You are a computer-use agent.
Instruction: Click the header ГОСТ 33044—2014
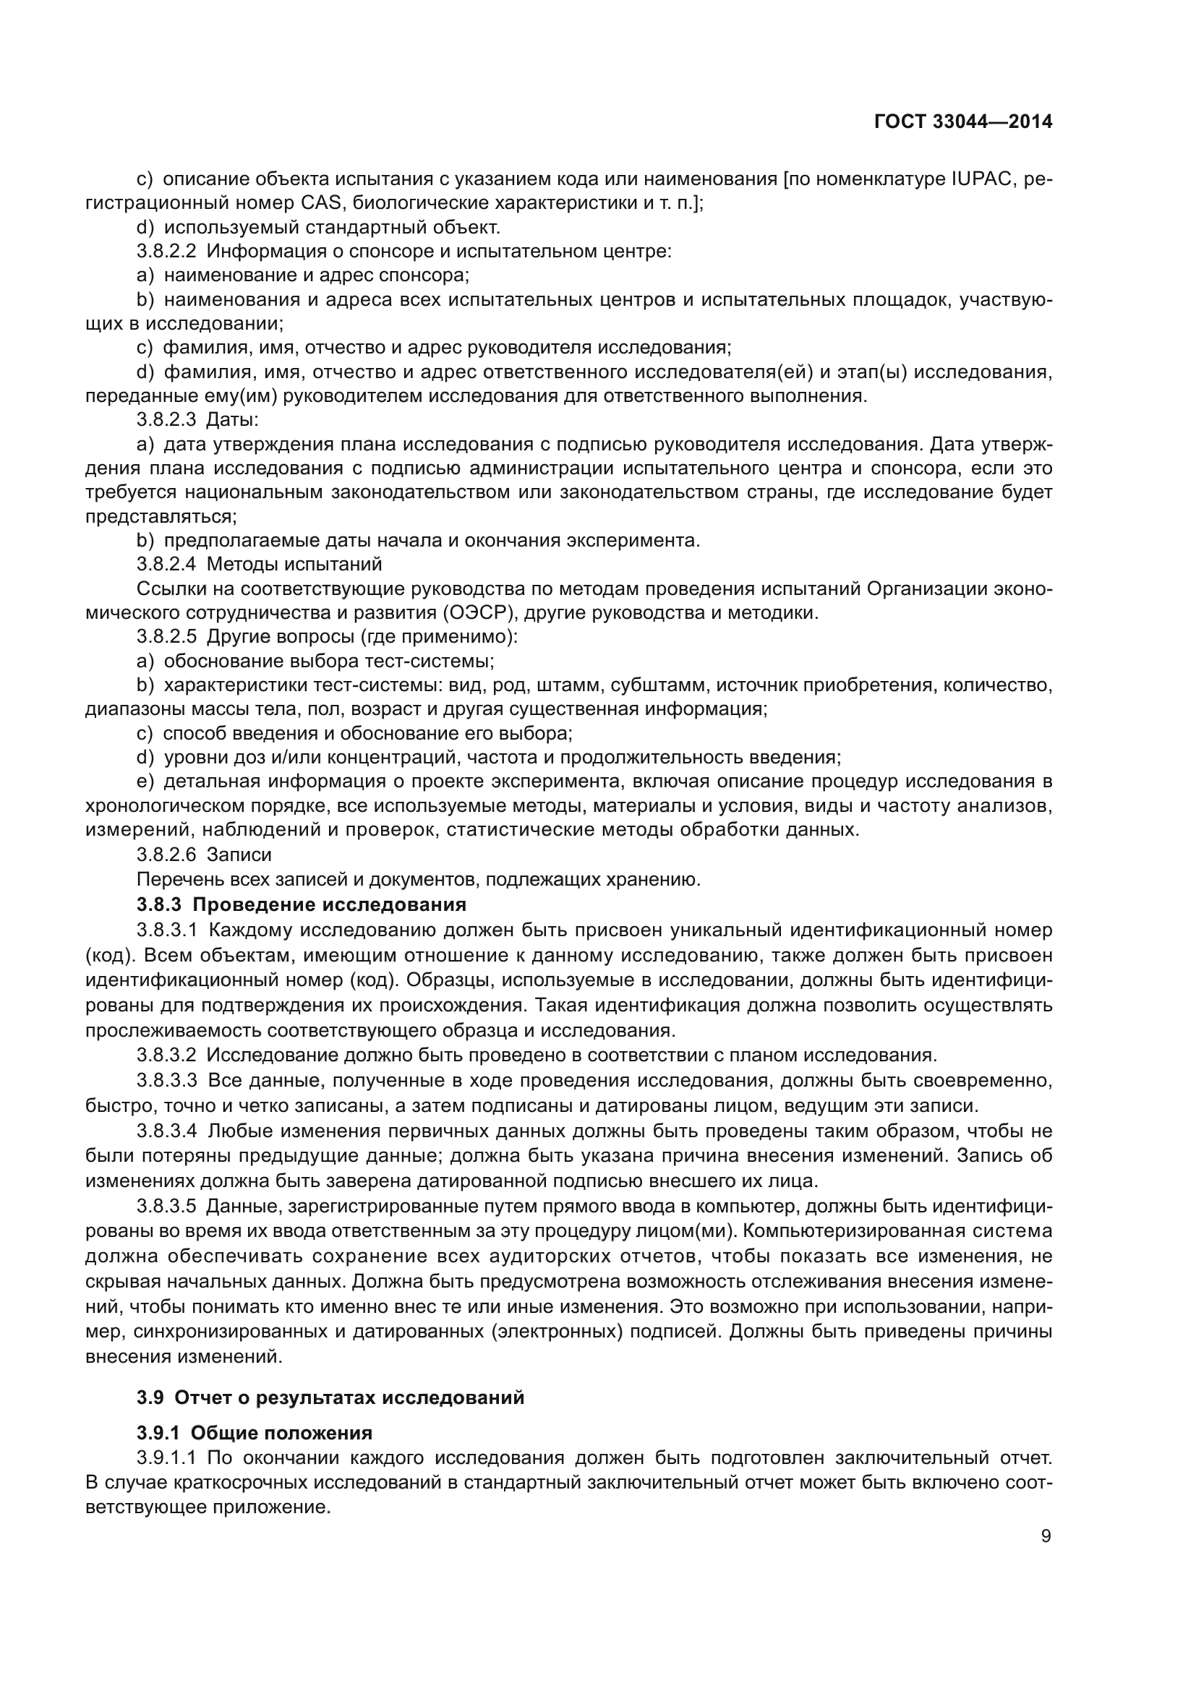(962, 121)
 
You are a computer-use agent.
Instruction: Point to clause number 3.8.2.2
(166, 251)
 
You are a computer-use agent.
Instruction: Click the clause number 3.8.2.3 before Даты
(166, 420)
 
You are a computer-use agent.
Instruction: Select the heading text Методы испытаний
(294, 564)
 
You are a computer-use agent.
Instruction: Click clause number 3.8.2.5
(166, 636)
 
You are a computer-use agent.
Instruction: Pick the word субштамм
(666, 685)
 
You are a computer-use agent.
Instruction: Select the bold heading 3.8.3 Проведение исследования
(302, 904)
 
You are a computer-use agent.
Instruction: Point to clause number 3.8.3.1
(166, 930)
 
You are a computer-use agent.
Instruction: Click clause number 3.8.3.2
(166, 1056)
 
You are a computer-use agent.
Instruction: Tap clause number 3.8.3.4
(166, 1131)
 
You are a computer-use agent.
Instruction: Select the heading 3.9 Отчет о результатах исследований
(330, 1397)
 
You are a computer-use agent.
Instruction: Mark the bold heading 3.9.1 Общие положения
(254, 1432)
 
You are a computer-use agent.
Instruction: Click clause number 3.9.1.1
(166, 1457)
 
